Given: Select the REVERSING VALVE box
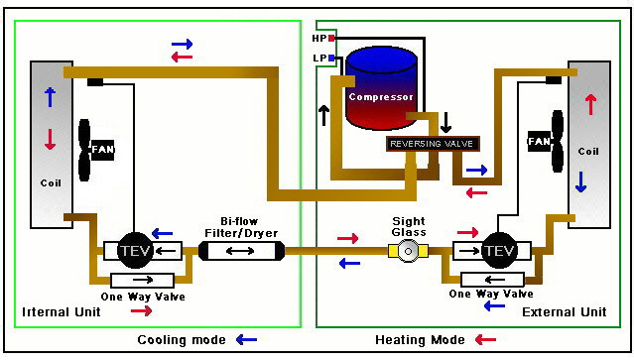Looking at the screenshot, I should pyautogui.click(x=433, y=144).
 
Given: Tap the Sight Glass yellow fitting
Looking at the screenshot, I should pyautogui.click(x=407, y=252).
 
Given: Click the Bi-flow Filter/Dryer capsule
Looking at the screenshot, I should pyautogui.click(x=241, y=251).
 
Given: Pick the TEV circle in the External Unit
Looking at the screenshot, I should pyautogui.click(x=499, y=250).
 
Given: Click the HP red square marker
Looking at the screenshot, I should pyautogui.click(x=331, y=38).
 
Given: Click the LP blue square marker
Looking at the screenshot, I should pyautogui.click(x=331, y=59).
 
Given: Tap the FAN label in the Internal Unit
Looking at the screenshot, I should pyautogui.click(x=102, y=149).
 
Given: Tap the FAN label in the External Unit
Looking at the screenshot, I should pyautogui.click(x=541, y=142).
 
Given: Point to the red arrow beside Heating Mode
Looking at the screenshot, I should pyautogui.click(x=486, y=340).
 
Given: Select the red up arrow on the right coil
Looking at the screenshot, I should pyautogui.click(x=591, y=103).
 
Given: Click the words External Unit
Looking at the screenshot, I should pyautogui.click(x=564, y=312).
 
